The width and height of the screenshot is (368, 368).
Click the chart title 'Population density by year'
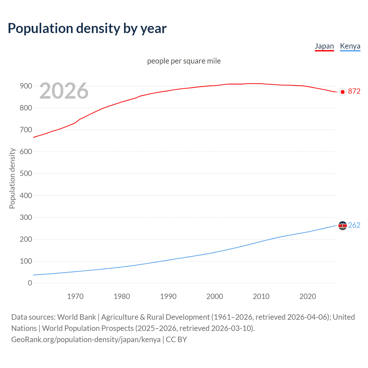tap(87, 28)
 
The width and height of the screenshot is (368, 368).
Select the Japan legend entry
tap(324, 46)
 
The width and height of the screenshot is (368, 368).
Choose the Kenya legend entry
tap(350, 46)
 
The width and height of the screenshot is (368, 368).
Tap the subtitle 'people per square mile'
tap(184, 61)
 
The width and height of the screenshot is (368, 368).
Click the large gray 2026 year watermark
tap(64, 91)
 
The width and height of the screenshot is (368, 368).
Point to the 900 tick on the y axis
tap(26, 86)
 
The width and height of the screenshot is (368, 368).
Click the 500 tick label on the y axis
tap(26, 174)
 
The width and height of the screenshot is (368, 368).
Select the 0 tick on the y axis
tap(30, 283)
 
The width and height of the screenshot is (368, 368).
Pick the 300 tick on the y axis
tap(26, 217)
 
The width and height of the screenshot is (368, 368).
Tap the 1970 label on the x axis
tap(75, 296)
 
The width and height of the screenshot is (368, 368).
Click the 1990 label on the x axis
tap(168, 296)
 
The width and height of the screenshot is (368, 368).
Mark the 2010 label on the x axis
tap(261, 296)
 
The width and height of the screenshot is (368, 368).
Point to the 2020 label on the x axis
tap(308, 296)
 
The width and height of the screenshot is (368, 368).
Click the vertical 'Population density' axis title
tap(12, 178)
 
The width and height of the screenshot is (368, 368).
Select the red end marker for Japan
tap(342, 92)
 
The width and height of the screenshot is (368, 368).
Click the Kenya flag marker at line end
tap(342, 226)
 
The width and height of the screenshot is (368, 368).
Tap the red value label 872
tap(354, 91)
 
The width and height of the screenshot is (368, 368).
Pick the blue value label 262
tap(354, 225)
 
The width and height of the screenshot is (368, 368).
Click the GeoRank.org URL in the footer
tap(86, 340)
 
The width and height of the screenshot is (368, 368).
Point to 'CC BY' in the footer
tap(176, 340)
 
